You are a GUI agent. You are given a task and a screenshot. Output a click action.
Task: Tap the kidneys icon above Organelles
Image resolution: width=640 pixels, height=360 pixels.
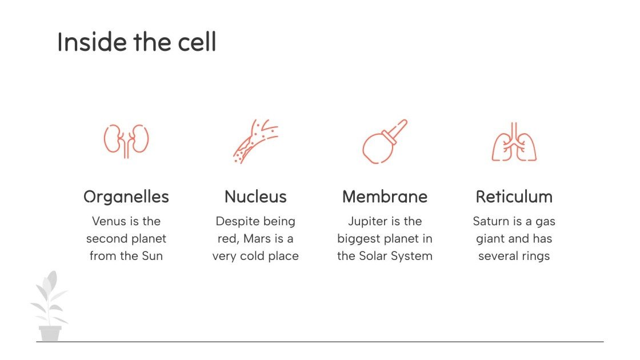click(x=126, y=141)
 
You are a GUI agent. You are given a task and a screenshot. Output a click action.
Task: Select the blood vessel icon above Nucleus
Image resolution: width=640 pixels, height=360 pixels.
click(x=256, y=141)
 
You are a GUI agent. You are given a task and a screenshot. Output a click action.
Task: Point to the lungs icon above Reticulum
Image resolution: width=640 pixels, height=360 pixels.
click(x=514, y=142)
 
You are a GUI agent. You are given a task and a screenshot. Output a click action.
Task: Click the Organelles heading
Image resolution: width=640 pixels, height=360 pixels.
click(x=126, y=197)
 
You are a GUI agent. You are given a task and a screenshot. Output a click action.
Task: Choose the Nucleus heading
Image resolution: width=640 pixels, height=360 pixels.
click(x=255, y=197)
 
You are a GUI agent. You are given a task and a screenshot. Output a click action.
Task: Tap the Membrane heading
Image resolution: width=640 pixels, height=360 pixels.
click(x=385, y=197)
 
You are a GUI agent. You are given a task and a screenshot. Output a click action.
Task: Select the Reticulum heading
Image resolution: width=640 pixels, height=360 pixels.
click(x=514, y=197)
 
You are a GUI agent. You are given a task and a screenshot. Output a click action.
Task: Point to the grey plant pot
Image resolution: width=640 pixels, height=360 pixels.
click(x=50, y=333)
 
